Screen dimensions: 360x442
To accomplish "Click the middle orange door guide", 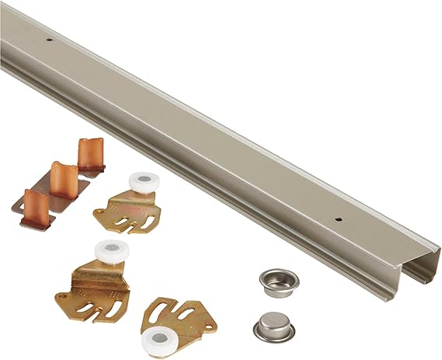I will (64, 178).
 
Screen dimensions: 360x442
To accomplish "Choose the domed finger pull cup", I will (273, 323).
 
